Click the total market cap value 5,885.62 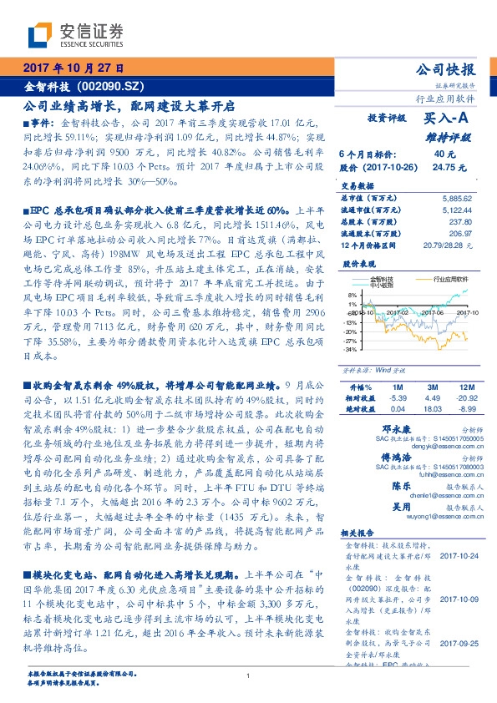456,198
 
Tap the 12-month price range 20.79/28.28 449,245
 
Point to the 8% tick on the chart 352,296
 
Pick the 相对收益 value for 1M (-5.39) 397,398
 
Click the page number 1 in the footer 249,676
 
